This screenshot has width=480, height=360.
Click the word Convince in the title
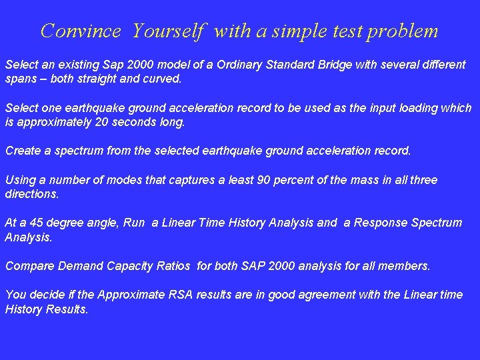(81, 31)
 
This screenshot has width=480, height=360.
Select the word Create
(23, 151)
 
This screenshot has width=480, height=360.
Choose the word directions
(32, 194)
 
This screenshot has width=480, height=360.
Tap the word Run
(133, 223)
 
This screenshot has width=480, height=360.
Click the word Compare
(29, 266)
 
